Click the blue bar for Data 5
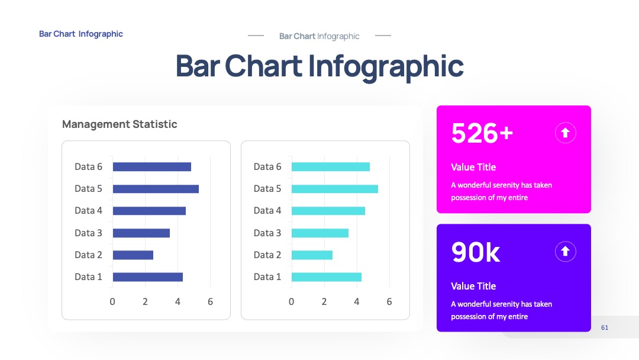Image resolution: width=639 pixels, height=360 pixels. click(156, 189)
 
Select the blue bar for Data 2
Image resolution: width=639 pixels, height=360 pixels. click(133, 255)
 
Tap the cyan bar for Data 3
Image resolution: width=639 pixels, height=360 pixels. click(320, 233)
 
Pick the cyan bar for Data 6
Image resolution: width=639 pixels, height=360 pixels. click(331, 167)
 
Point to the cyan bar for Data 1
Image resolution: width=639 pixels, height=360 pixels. click(327, 277)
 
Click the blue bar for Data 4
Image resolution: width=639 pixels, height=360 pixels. click(149, 211)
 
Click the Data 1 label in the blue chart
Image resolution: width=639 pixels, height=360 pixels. click(88, 277)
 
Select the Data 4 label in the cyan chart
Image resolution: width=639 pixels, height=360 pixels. click(267, 210)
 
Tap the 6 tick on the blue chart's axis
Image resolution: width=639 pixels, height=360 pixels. click(210, 302)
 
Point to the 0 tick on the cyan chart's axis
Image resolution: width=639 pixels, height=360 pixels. click(291, 302)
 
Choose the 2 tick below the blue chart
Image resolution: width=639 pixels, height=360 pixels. click(145, 302)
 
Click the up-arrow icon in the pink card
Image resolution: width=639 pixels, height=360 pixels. click(565, 133)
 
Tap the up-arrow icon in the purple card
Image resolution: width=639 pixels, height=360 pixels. click(565, 251)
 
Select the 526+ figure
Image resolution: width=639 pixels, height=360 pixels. click(482, 133)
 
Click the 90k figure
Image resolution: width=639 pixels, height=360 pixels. click(476, 252)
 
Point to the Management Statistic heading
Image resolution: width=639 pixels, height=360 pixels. click(120, 124)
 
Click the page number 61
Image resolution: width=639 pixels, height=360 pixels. click(605, 327)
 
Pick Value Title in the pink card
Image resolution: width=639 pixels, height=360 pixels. click(473, 167)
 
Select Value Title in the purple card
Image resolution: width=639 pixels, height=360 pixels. click(473, 286)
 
